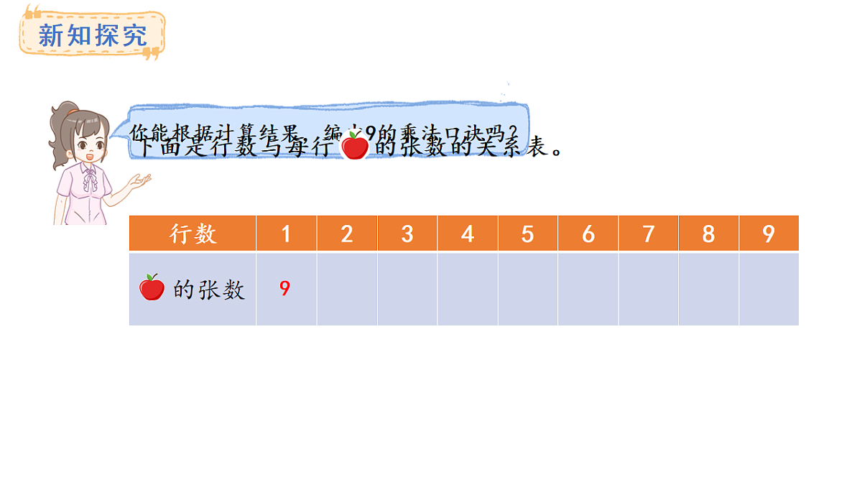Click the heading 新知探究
[x=92, y=34]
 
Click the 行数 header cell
[x=193, y=234]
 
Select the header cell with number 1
[x=286, y=234]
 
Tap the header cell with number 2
[x=347, y=234]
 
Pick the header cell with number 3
[x=407, y=234]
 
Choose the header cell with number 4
[x=468, y=234]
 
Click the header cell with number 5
[x=528, y=234]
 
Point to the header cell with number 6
[x=588, y=234]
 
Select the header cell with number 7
[x=649, y=234]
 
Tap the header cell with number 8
[x=709, y=234]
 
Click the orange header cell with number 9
[x=769, y=234]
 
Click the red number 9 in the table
[x=285, y=289]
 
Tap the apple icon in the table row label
[x=152, y=287]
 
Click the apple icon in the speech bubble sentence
[x=354, y=145]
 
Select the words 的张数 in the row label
[x=209, y=290]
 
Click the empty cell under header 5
[x=528, y=289]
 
